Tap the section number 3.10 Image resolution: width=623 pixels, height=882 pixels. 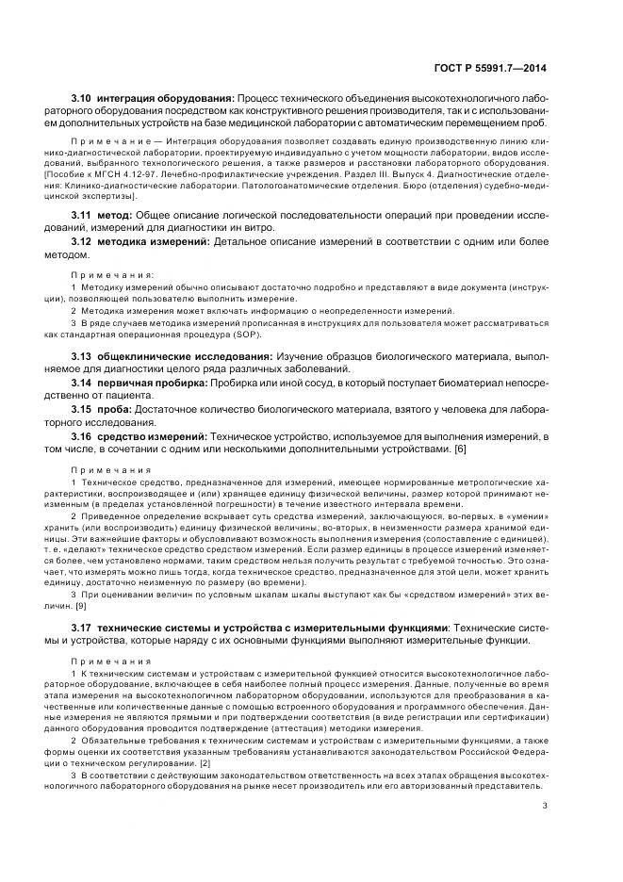(x=82, y=98)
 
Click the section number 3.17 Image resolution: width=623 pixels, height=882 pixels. (x=82, y=628)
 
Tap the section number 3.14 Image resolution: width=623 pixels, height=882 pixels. (x=82, y=383)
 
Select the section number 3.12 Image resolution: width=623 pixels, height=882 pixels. (x=82, y=243)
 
